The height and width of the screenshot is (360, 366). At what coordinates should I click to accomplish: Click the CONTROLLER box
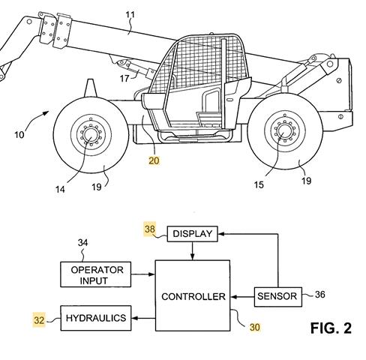pos(193,296)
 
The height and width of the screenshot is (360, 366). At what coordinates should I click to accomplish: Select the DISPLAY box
pos(192,235)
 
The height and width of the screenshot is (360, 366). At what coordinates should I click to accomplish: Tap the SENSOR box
pos(276,297)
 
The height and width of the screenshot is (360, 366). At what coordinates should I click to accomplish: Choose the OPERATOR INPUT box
pos(97,274)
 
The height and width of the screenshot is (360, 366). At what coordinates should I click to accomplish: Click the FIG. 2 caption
pos(330,328)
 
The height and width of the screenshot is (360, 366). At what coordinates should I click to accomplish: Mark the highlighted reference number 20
pos(154,160)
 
